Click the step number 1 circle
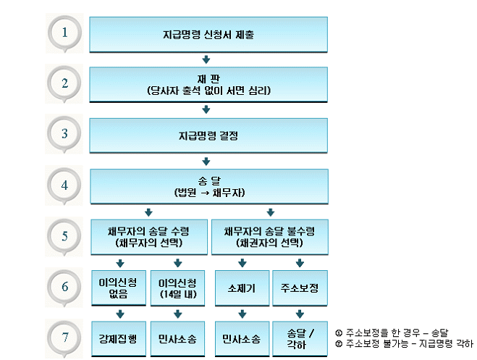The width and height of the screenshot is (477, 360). [x=66, y=33]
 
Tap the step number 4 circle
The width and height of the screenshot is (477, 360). [x=66, y=185]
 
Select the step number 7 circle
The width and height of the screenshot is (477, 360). [x=66, y=338]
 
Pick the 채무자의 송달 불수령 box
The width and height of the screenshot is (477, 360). [x=269, y=236]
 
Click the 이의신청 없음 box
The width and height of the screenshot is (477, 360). [x=117, y=287]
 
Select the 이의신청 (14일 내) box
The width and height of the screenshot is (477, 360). [x=177, y=287]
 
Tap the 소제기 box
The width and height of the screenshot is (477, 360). [x=240, y=288]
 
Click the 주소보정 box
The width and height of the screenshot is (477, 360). [x=300, y=288]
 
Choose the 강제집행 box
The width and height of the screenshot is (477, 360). [x=117, y=338]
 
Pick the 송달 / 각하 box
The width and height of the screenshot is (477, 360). [x=300, y=338]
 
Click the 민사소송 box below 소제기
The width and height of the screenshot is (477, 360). [x=240, y=338]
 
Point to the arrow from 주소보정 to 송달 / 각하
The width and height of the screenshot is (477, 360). [x=300, y=314]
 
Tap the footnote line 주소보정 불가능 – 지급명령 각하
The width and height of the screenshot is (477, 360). [x=405, y=343]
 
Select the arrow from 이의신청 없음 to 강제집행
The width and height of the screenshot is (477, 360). [x=120, y=314]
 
